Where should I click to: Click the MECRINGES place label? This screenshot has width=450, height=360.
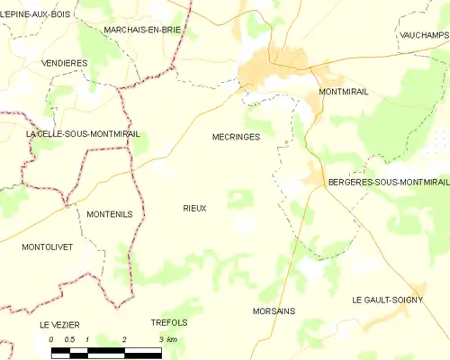point(236,138)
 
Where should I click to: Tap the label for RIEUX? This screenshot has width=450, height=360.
point(194,208)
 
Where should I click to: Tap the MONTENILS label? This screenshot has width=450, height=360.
point(110,214)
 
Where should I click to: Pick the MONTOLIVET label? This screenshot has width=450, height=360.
point(47,246)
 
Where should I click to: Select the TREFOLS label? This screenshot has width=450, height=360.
point(169,322)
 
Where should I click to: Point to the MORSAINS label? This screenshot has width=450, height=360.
point(275,310)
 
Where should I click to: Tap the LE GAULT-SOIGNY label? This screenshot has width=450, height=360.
point(387,300)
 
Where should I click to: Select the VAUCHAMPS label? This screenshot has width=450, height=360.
point(422,34)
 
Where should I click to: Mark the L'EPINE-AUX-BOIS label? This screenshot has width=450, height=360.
point(36,14)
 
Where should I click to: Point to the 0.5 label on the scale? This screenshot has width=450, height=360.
point(68,338)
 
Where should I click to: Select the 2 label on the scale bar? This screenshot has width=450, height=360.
point(124,338)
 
